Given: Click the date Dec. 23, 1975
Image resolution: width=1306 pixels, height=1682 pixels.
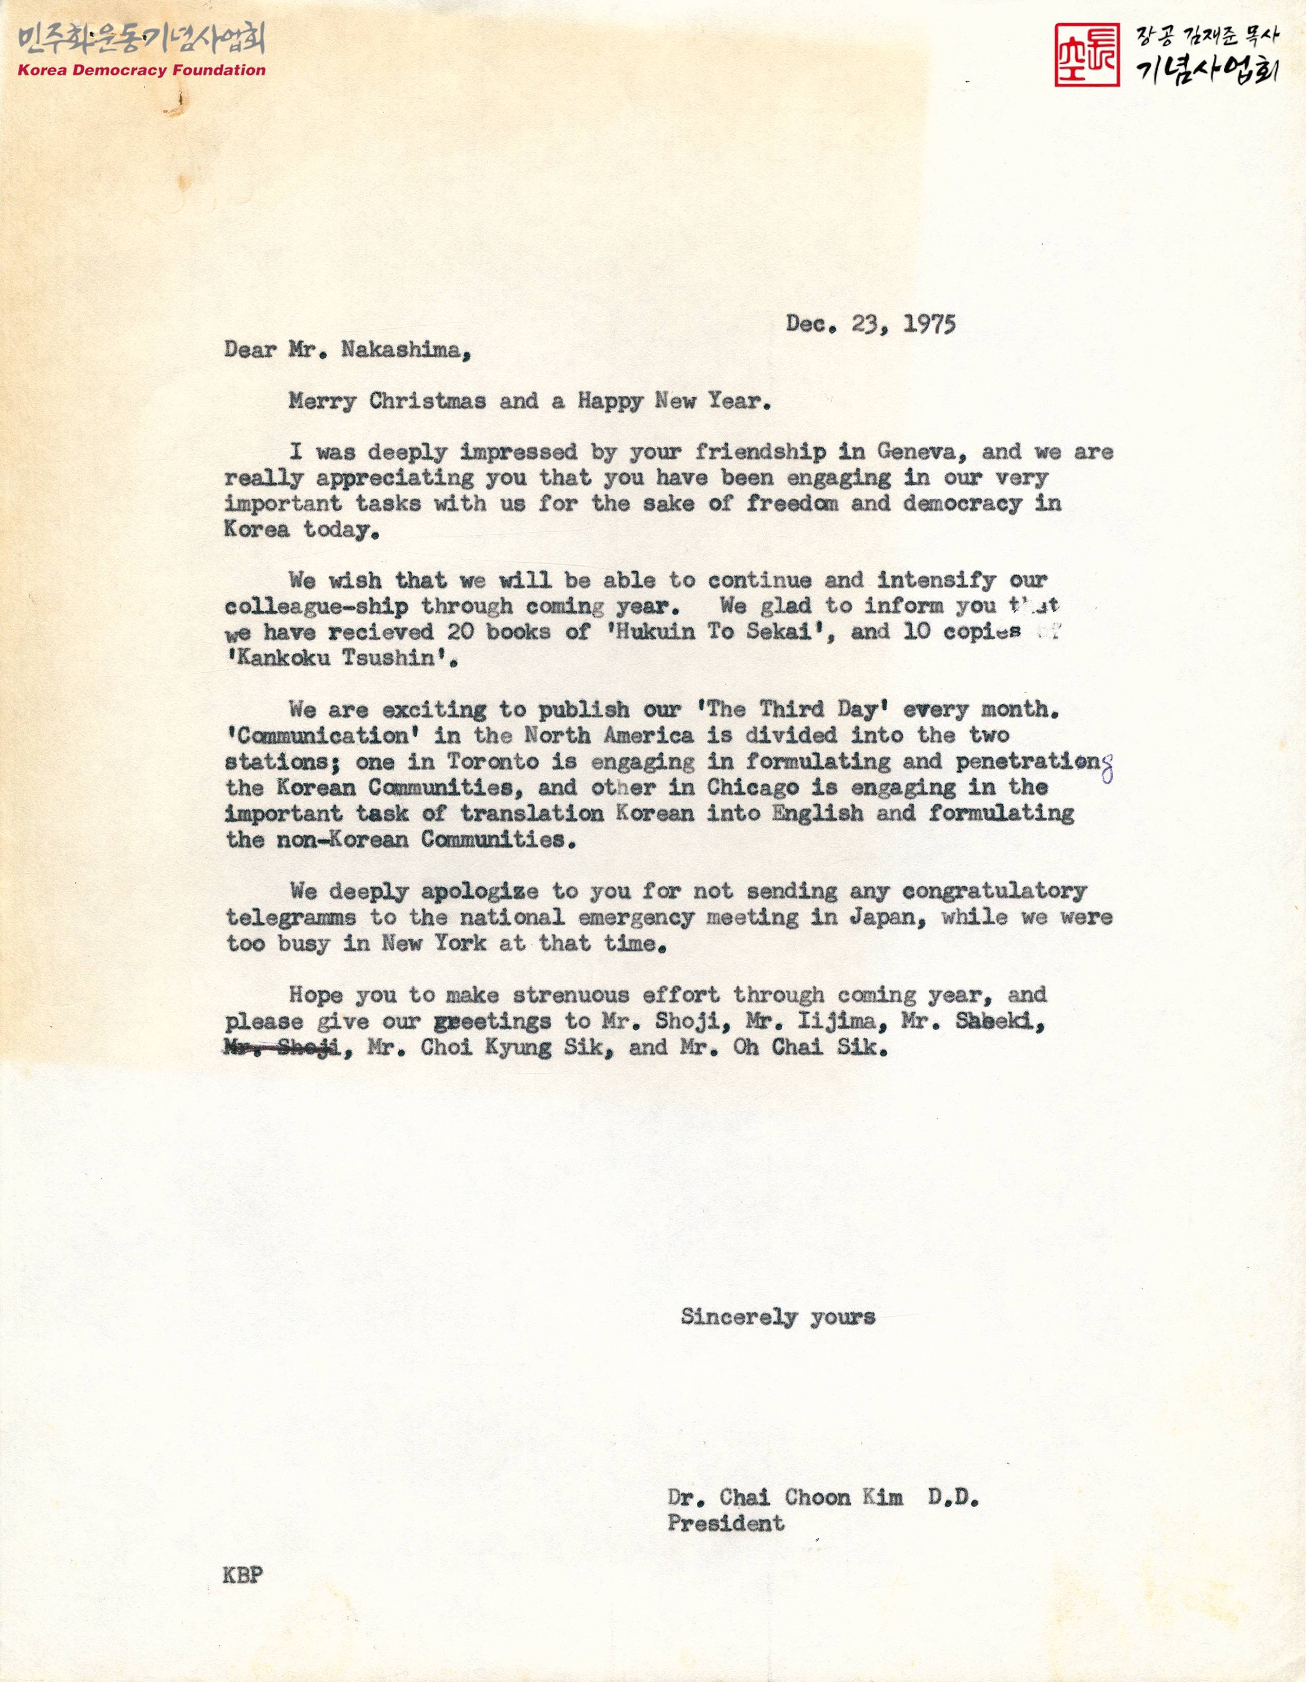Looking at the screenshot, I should (x=870, y=324).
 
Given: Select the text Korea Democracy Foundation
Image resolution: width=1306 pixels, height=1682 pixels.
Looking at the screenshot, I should (x=142, y=70).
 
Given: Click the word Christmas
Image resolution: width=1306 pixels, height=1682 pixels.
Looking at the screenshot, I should (x=428, y=402).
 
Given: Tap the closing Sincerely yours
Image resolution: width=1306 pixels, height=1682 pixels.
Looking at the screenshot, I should (x=778, y=1317).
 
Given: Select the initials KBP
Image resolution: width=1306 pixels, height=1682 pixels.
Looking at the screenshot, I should (x=243, y=1575).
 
